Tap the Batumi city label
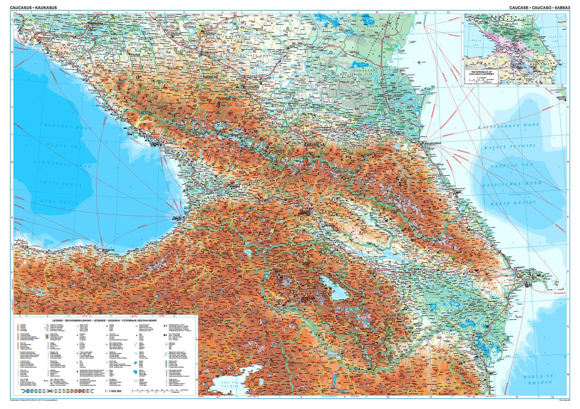tap(177, 218)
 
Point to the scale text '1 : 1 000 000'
tap(113, 391)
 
